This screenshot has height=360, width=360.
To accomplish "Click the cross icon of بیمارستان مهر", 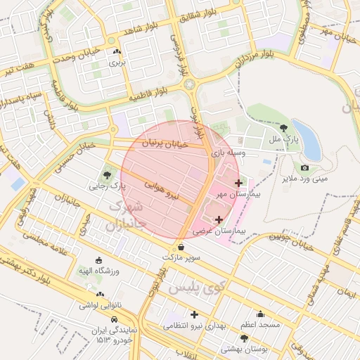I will pyautogui.click(x=238, y=183).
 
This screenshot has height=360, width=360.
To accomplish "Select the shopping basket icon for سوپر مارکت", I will pyautogui.click(x=182, y=247).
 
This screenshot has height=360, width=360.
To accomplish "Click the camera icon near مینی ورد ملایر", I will pyautogui.click(x=304, y=167).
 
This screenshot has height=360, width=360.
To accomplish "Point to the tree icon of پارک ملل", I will pyautogui.click(x=283, y=128).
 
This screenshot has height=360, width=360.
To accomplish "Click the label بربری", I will pyautogui.click(x=115, y=62).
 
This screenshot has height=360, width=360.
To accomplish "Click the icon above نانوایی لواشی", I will pyautogui.click(x=100, y=295).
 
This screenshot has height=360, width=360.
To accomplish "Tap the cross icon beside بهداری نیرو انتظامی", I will pyautogui.click(x=194, y=314).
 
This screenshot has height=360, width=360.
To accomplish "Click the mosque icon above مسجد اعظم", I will pyautogui.click(x=261, y=314).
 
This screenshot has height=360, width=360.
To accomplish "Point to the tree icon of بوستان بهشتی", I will pyautogui.click(x=244, y=338).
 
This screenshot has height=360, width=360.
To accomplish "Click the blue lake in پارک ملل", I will pyautogui.click(x=308, y=139).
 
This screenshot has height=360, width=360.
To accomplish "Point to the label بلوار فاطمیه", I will pyautogui.click(x=150, y=94).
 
